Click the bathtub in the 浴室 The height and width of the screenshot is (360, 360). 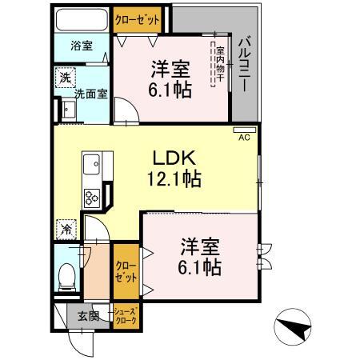pos(82,20)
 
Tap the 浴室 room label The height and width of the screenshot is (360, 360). pos(82,46)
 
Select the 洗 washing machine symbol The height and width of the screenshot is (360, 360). pos(66,78)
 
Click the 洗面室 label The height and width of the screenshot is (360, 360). pos(91,94)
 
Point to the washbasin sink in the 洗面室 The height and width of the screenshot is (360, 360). pos(69,110)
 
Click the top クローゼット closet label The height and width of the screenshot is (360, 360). pos(138,20)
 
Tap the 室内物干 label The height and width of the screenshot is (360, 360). pos(220,64)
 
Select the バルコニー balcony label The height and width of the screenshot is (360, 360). pos(245,66)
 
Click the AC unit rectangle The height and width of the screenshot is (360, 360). pos(245,130)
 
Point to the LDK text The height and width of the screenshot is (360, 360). pos(174,158)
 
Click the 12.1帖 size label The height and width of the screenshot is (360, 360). pos(174,178)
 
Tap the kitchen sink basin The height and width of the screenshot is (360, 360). pos(91,164)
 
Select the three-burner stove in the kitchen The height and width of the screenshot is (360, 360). pos(92,198)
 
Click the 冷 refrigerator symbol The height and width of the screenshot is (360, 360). pos(66,230)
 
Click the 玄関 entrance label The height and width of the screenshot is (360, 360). pos(89,316)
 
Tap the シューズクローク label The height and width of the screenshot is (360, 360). pos(126,316)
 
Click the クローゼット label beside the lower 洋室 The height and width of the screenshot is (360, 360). pos(126,272)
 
